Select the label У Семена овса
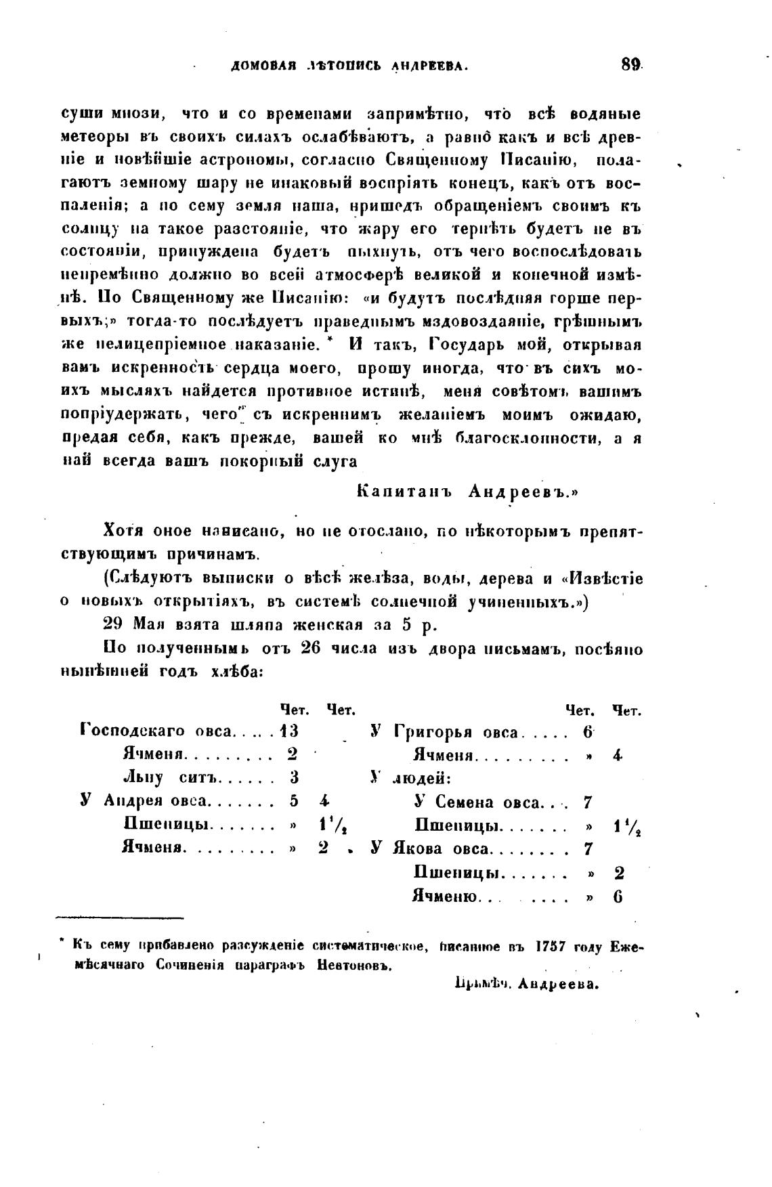477,802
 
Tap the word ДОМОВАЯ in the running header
262,66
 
